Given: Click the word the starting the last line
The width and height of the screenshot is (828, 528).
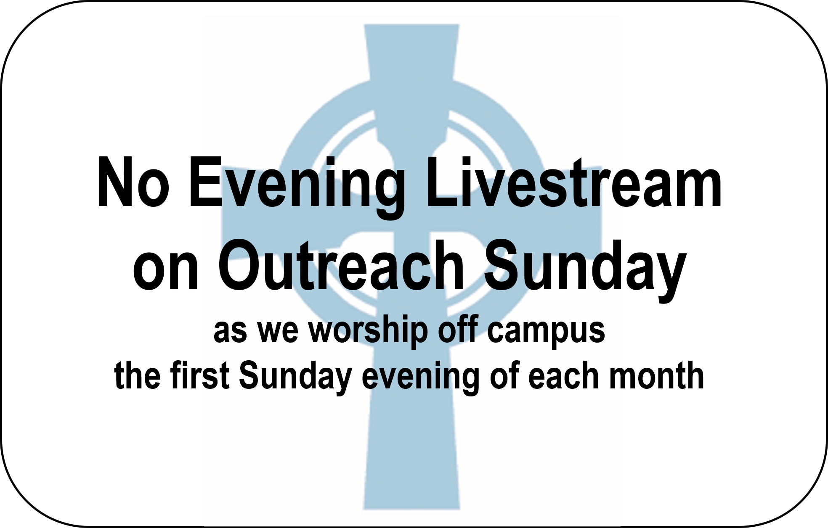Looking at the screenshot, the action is pos(137,375).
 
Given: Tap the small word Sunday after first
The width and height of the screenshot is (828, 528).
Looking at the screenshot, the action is pos(295,378).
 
